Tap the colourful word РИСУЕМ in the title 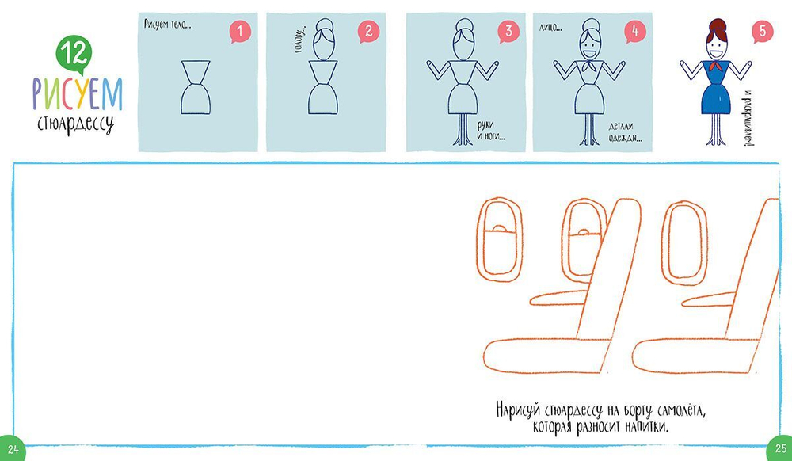(x=78, y=94)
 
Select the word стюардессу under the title (x=75, y=124)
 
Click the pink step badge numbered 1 (x=240, y=32)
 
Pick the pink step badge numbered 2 (x=368, y=32)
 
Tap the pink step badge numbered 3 (x=508, y=32)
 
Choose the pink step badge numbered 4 (x=635, y=32)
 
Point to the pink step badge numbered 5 (x=762, y=32)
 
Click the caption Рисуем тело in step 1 (x=167, y=25)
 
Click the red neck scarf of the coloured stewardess (x=716, y=67)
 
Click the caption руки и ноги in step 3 (x=491, y=131)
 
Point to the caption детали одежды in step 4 (x=622, y=132)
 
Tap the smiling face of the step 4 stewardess (x=589, y=48)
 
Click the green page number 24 (x=12, y=449)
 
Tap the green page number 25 (x=780, y=448)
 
